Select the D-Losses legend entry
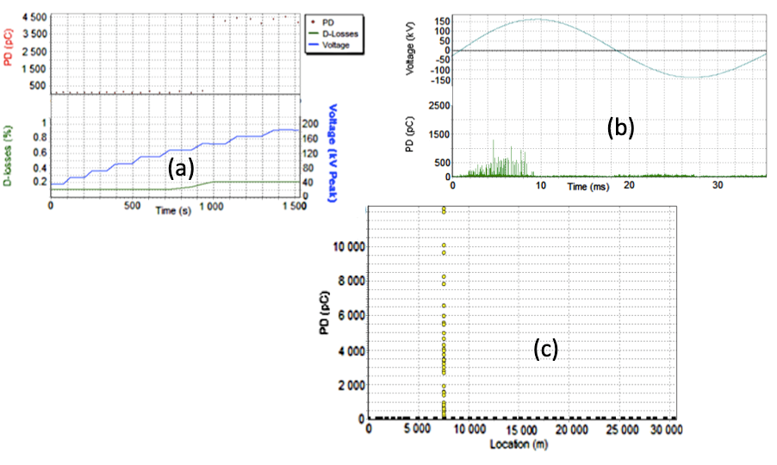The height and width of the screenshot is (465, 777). point(341,33)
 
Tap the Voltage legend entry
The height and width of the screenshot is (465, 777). point(338,45)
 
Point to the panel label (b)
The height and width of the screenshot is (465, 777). point(620,127)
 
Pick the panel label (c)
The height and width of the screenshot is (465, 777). point(545,349)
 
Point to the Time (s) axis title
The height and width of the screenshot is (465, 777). point(172,210)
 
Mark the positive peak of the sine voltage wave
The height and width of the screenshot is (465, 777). point(538,19)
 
